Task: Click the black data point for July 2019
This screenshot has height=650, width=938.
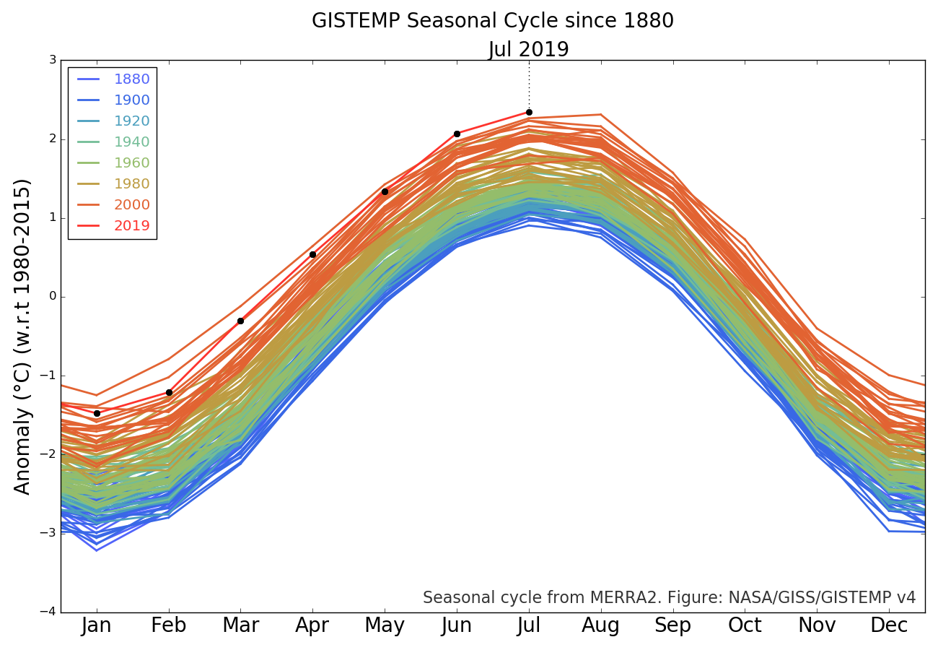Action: (529, 112)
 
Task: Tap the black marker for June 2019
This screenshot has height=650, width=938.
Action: (457, 134)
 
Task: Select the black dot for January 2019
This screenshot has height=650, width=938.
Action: (97, 413)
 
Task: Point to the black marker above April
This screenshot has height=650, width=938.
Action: (312, 254)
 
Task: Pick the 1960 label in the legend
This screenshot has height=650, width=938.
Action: (131, 163)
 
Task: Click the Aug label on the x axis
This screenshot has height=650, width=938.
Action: (600, 625)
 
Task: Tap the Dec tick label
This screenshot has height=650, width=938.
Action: (889, 625)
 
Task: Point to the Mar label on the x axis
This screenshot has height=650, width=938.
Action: (240, 625)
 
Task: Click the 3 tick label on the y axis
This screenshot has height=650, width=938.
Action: (53, 60)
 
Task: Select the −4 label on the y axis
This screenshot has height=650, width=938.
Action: (48, 612)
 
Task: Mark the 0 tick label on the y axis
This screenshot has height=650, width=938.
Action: (53, 296)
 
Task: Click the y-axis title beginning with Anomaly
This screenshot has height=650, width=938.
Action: (23, 336)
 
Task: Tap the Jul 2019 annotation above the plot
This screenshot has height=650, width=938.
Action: (528, 50)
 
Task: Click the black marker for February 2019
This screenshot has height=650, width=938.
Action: (169, 392)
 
